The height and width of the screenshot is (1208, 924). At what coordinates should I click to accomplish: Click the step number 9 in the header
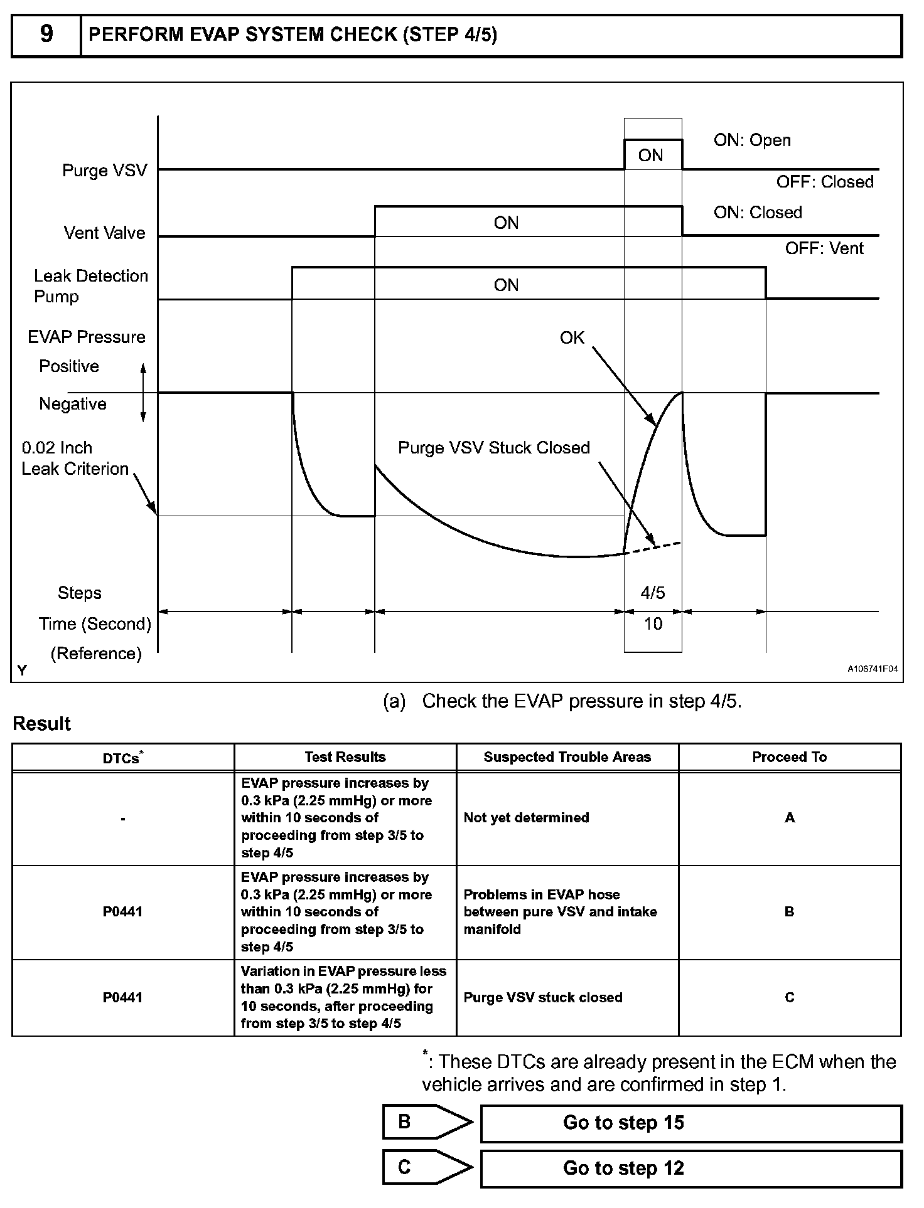[46, 34]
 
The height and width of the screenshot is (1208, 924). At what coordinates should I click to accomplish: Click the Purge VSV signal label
[104, 171]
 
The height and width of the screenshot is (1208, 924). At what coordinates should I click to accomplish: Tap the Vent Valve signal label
[104, 233]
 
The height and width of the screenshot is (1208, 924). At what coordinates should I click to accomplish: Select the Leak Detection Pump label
[90, 286]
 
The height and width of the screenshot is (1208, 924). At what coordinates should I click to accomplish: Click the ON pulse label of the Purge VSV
[650, 156]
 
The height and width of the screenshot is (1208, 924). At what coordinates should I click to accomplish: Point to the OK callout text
[572, 338]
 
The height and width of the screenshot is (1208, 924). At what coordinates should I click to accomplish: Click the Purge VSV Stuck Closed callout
[494, 448]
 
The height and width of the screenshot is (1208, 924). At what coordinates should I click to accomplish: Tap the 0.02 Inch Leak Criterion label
[75, 458]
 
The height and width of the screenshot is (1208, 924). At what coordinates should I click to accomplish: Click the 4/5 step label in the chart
[653, 593]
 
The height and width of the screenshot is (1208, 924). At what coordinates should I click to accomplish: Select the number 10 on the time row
[653, 624]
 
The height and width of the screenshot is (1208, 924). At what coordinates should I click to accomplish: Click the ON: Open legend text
[752, 140]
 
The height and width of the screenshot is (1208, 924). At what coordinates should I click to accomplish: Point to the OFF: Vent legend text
[824, 248]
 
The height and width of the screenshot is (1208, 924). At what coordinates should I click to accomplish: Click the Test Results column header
[345, 757]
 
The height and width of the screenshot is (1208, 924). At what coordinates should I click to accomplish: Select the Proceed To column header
[789, 757]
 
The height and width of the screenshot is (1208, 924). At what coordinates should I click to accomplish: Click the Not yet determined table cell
[526, 818]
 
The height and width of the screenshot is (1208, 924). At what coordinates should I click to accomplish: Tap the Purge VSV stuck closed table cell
[543, 998]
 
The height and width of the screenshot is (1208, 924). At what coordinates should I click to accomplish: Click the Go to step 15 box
[691, 1123]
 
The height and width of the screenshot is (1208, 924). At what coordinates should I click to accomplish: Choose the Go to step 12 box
[691, 1168]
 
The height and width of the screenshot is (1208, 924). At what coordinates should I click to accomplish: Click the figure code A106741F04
[873, 669]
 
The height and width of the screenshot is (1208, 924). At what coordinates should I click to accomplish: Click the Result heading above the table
[41, 724]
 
